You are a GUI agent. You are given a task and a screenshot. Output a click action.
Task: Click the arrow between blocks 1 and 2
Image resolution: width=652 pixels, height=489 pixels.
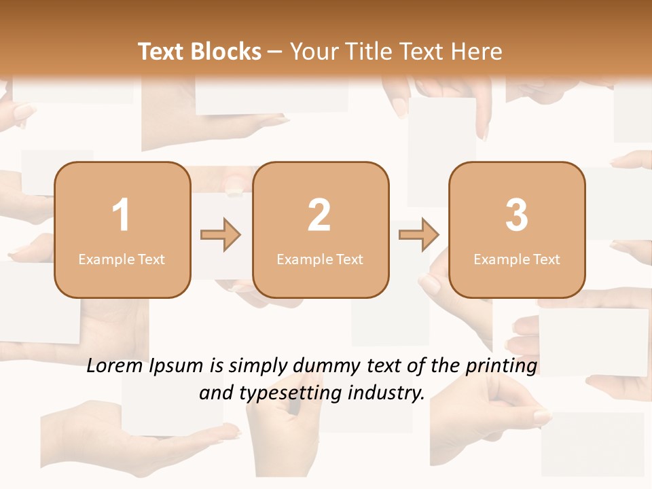[221, 235]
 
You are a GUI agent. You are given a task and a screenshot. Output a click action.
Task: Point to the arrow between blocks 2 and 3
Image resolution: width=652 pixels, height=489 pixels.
[418, 235]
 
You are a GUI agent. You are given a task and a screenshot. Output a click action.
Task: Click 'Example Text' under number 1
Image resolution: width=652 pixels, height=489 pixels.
[122, 259]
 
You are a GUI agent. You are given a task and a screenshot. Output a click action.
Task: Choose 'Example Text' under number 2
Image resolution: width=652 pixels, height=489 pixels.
[320, 259]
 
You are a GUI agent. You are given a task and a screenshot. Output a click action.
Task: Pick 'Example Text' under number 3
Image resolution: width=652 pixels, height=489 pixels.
[517, 259]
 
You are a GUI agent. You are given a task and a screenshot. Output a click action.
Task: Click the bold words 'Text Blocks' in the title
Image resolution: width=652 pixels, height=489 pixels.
[200, 52]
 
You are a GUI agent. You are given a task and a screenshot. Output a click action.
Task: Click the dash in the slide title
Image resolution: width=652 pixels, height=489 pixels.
[275, 52]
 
